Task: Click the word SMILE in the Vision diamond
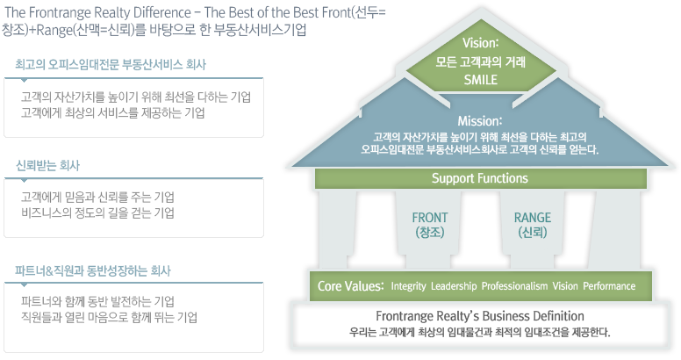point(480,80)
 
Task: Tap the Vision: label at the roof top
point(480,43)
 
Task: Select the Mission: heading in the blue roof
point(480,120)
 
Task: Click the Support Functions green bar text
point(479,178)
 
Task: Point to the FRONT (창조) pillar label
point(429,225)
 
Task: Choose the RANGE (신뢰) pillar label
point(533,225)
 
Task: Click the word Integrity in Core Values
point(408,286)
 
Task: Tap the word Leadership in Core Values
point(454,286)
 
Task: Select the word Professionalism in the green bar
point(514,286)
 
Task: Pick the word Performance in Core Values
point(609,286)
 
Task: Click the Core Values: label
point(350,286)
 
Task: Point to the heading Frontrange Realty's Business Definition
point(480,316)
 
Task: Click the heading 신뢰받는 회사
point(47,166)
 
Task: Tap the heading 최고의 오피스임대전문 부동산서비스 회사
point(111,65)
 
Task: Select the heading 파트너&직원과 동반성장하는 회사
point(93,270)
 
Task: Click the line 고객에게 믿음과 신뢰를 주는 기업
point(97,198)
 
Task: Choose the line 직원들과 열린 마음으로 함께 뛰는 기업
point(109,317)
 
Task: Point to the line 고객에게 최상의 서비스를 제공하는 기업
point(113,113)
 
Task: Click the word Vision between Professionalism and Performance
point(565,286)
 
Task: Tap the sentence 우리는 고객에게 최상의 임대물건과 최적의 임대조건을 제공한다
point(480,333)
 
